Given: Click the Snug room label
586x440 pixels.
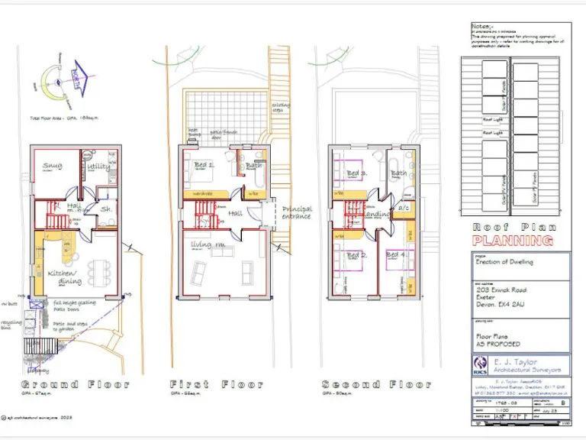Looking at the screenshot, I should point(53,165).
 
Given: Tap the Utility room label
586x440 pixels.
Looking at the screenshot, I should point(98,166).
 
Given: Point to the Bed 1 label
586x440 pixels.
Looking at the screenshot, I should point(204,165).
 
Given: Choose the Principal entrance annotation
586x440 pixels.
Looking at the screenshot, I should point(297,212).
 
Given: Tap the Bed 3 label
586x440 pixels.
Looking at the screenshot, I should point(357,173).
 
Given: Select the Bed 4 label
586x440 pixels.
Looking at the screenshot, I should point(395,254).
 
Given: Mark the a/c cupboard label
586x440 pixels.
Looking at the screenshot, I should point(404,209).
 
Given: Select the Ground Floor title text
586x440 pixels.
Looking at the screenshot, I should point(74,384).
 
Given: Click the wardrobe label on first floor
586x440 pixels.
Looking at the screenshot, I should point(201,193).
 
